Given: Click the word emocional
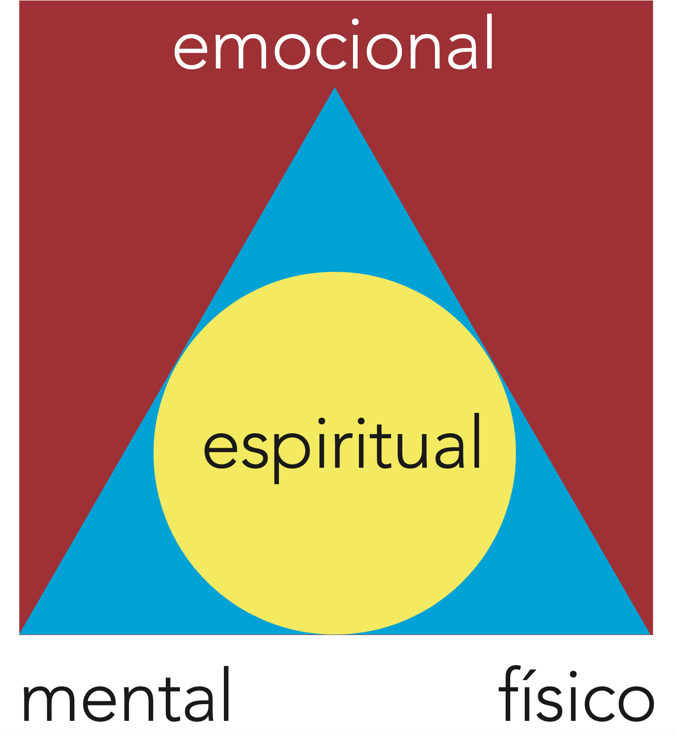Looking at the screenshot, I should [334, 45].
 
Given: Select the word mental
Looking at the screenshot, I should [126, 697].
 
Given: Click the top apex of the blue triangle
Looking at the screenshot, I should [334, 88].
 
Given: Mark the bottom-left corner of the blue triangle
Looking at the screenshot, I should [21, 633].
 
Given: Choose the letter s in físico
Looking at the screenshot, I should [549, 701].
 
